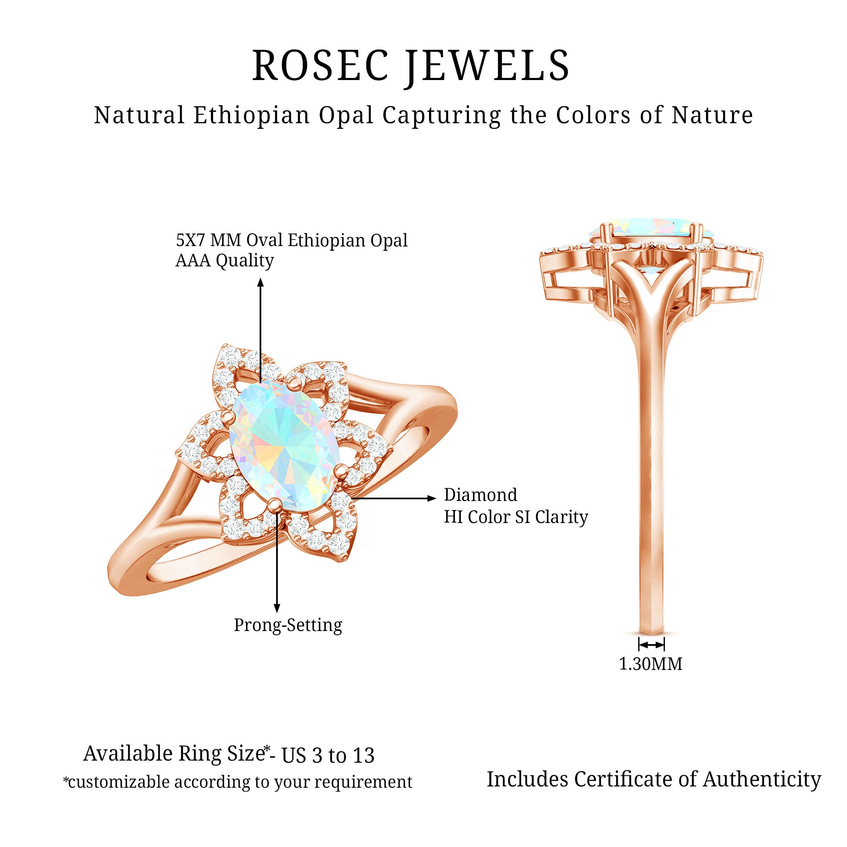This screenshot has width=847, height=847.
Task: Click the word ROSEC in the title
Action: [321, 66]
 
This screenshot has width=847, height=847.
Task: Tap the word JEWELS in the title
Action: [487, 66]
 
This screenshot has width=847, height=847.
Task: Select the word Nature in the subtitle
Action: [712, 115]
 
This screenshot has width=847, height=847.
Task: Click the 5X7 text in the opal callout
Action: [191, 240]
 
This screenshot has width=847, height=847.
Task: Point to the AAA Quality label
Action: [224, 260]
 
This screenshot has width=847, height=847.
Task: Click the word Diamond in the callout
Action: [481, 495]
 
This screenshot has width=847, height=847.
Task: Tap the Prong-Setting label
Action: [288, 625]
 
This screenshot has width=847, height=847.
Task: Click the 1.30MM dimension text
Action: [650, 664]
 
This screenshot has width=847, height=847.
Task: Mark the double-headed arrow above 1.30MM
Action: [651, 645]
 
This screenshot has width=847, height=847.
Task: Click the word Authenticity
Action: [762, 779]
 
